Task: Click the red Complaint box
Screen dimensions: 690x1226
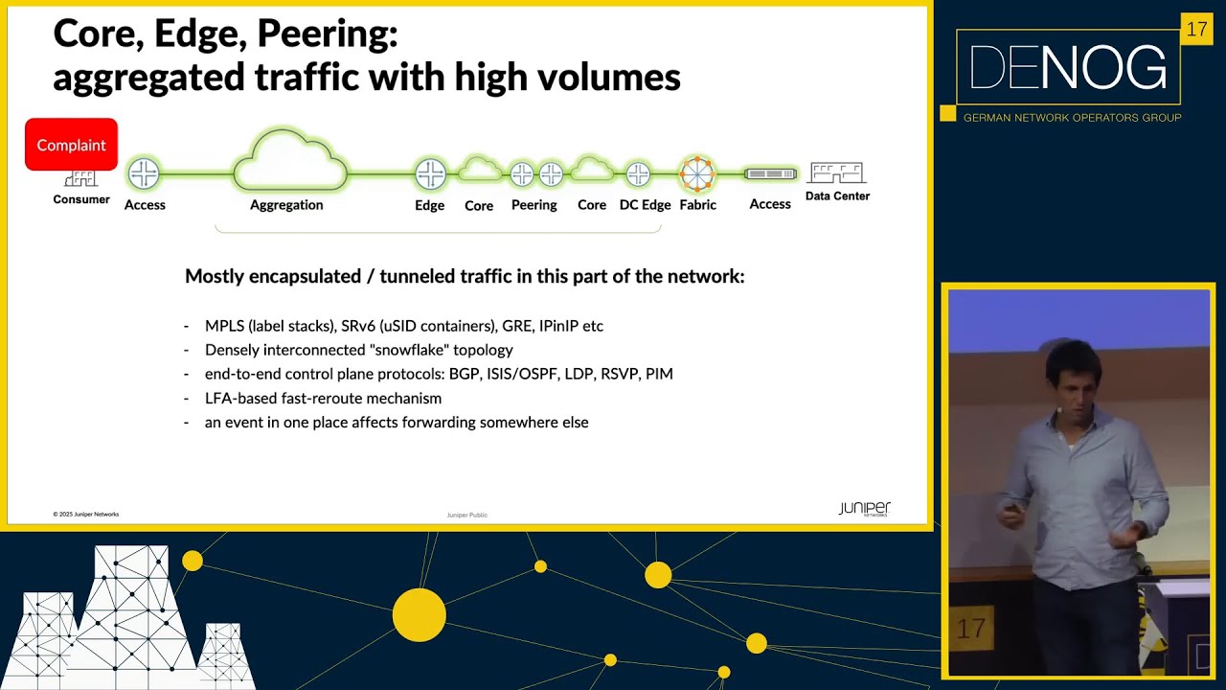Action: [x=71, y=145]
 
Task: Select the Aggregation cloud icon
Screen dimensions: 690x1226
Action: [x=289, y=163]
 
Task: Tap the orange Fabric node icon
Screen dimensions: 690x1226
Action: [x=697, y=173]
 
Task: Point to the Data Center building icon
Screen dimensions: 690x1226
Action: [x=836, y=172]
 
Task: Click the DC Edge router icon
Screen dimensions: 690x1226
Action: [x=638, y=174]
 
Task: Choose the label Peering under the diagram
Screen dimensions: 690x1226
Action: [x=534, y=205]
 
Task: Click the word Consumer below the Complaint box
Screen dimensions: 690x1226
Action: [x=81, y=199]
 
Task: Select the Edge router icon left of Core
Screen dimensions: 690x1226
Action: [x=430, y=174]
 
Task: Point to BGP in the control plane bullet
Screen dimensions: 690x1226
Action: [x=465, y=374]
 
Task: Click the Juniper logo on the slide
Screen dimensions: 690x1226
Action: [x=864, y=508]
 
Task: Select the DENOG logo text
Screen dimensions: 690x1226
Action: [x=1068, y=68]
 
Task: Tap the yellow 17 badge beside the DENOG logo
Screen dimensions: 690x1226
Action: [x=1196, y=30]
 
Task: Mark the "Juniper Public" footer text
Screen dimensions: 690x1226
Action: [x=466, y=515]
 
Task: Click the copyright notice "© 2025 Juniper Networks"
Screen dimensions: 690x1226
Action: [x=86, y=515]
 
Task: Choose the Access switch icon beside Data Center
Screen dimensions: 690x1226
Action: [x=770, y=174]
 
